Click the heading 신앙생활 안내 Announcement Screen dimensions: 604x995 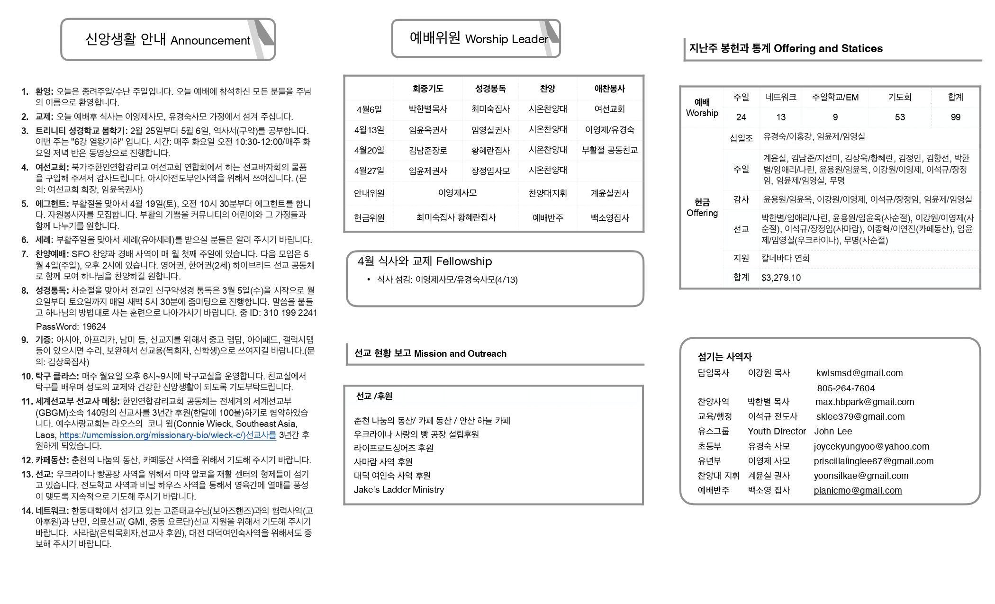tap(168, 40)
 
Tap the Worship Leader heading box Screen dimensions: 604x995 tap(476, 38)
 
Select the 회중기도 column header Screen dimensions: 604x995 tap(428, 89)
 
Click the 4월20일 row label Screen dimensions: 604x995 tap(369, 151)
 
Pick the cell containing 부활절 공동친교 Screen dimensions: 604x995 tap(609, 150)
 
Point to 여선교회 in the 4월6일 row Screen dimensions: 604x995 tap(609, 109)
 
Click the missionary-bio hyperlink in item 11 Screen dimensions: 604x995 tap(168, 435)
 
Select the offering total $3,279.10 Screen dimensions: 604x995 tap(781, 278)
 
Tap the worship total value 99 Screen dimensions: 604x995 tap(955, 117)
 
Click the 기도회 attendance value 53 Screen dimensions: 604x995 tap(899, 117)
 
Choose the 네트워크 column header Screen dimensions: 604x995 tap(780, 97)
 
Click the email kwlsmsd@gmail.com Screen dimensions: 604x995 tap(859, 373)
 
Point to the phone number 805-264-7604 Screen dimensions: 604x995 tap(845, 388)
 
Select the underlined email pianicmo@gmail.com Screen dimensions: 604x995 tap(858, 490)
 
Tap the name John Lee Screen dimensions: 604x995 tap(833, 431)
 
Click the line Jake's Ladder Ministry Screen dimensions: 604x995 tap(398, 489)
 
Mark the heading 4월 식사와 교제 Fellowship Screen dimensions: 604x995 tap(425, 261)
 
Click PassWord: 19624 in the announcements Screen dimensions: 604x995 tap(71, 326)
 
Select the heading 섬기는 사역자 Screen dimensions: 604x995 tap(724, 357)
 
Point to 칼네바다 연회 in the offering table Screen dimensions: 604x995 tap(785, 258)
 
